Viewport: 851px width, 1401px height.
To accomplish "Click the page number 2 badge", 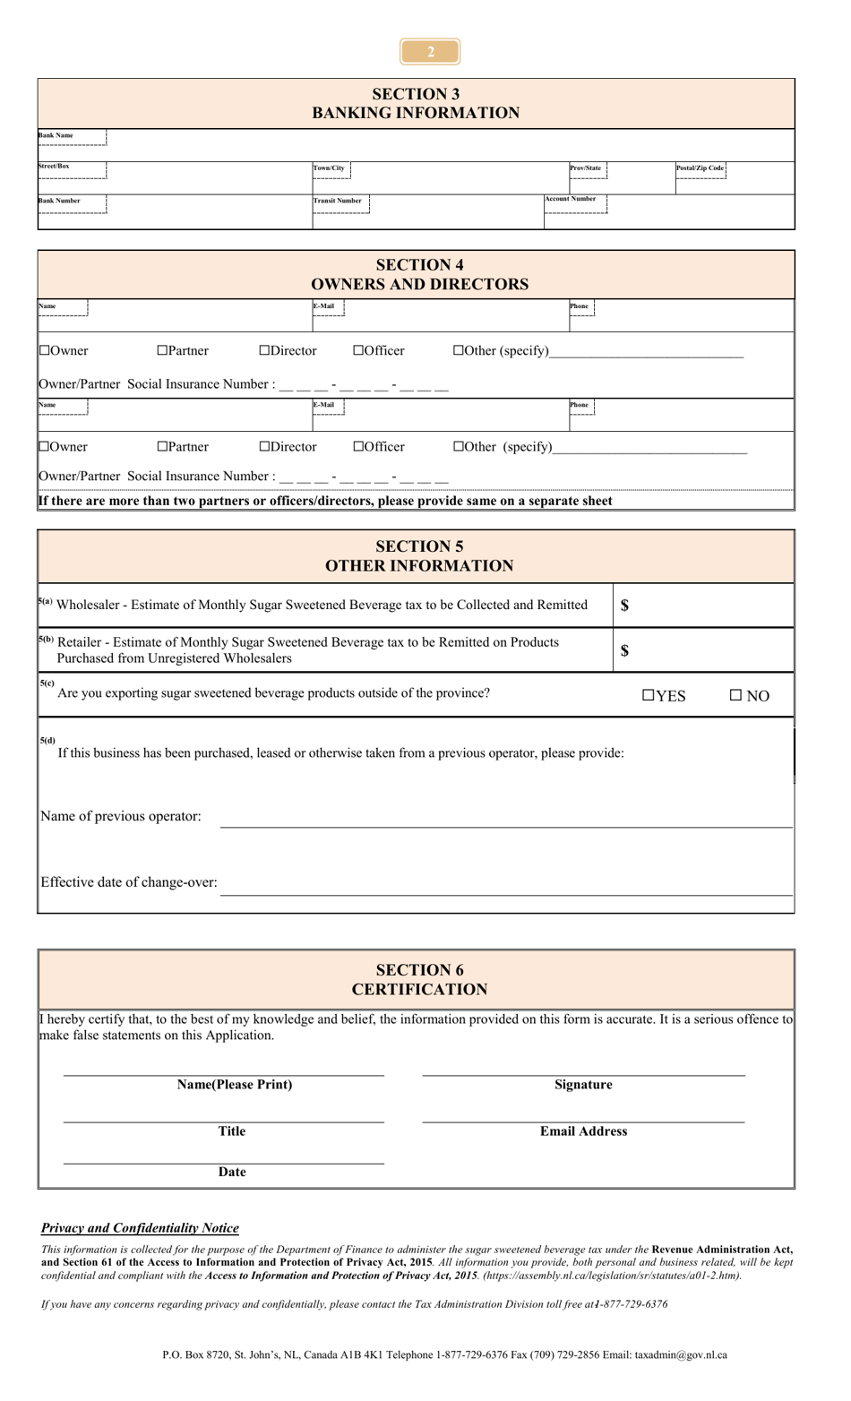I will [430, 52].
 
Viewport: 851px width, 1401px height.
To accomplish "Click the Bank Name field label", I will [56, 135].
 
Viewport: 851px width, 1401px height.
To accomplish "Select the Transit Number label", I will [338, 201].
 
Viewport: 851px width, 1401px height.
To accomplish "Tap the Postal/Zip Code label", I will [700, 168].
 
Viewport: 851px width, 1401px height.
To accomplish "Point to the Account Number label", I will [571, 199].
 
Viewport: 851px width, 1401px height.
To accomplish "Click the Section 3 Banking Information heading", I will [416, 103].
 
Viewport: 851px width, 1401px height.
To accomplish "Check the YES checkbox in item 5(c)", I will [649, 696].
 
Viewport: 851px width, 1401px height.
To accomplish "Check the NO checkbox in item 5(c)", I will [735, 696].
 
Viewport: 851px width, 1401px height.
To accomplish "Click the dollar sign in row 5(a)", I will [624, 606].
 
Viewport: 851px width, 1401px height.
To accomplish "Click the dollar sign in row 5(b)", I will [624, 650].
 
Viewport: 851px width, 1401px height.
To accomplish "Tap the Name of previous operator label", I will [121, 816].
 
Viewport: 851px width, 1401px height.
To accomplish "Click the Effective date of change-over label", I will [129, 882].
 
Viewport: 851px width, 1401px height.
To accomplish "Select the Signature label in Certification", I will [583, 1085].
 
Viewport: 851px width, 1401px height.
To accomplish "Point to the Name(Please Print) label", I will [235, 1085].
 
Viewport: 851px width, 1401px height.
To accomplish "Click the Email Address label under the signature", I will [583, 1131].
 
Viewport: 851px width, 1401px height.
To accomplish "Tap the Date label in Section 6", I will [232, 1172].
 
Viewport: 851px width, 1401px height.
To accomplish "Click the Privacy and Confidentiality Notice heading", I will [140, 1228].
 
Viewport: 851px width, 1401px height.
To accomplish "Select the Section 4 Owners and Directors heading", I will [419, 274].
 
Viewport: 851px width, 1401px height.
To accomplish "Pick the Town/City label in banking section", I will [329, 168].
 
